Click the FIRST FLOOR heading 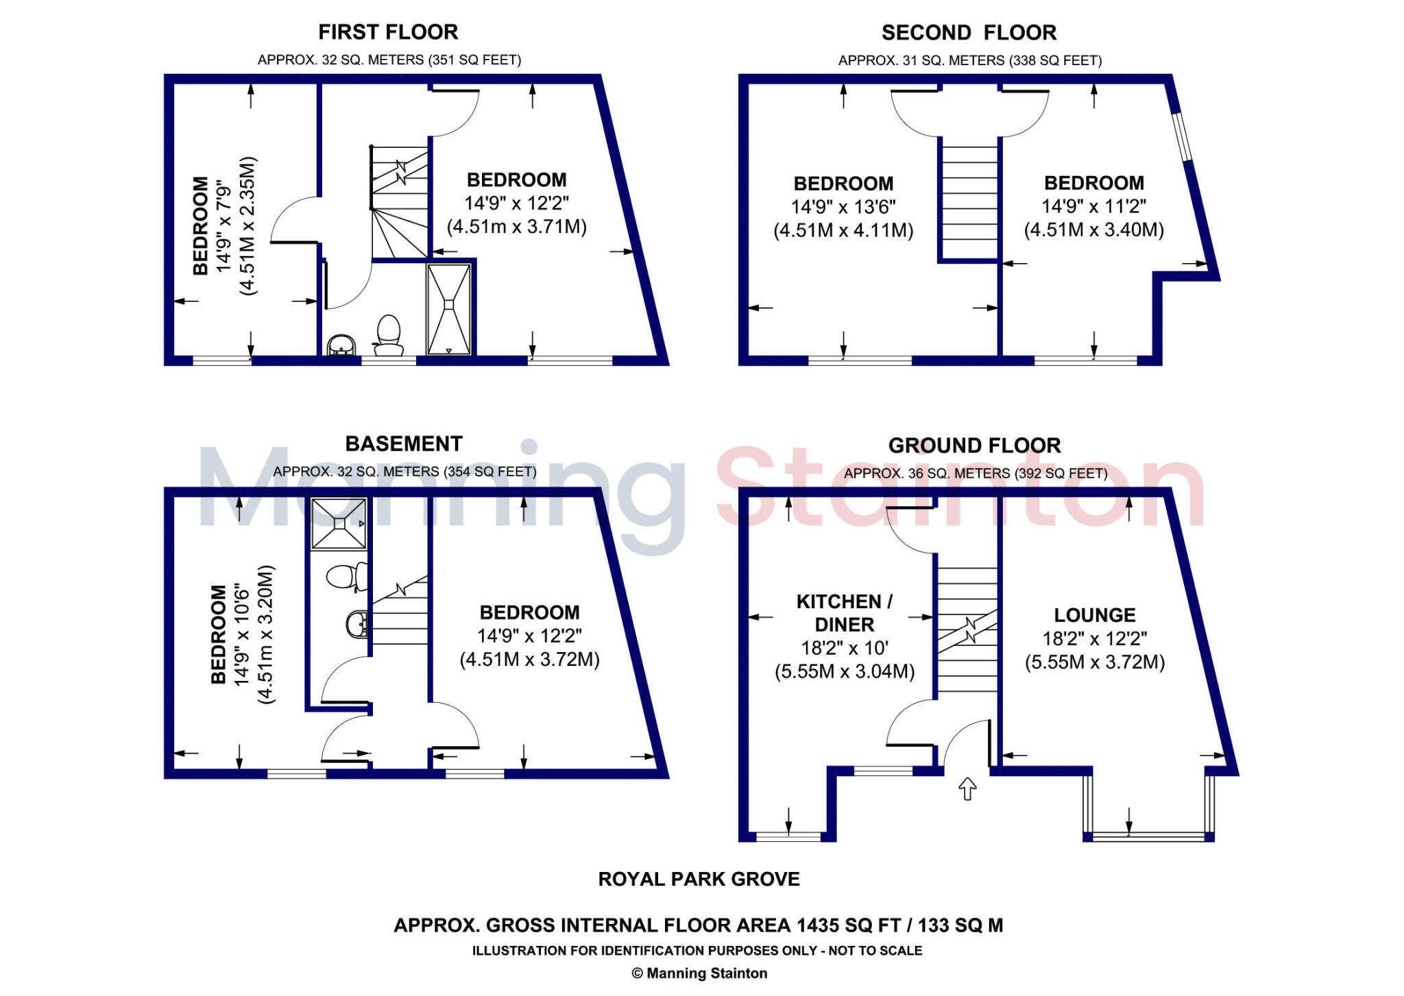(x=388, y=32)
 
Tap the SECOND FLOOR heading (x=969, y=33)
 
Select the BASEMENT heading (x=404, y=444)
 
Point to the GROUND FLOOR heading (x=974, y=446)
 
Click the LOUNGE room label (x=1094, y=615)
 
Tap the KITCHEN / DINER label (x=844, y=613)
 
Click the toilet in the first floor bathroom (x=389, y=336)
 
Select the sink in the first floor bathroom (x=341, y=345)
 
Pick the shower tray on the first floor (x=449, y=308)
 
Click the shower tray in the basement (x=339, y=524)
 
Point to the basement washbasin (x=357, y=624)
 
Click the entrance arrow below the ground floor (x=967, y=788)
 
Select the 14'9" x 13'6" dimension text (x=843, y=207)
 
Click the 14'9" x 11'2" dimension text (x=1094, y=206)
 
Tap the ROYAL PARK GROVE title (x=699, y=880)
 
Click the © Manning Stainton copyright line (x=699, y=973)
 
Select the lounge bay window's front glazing (x=1148, y=836)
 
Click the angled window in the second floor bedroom (x=1181, y=136)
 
